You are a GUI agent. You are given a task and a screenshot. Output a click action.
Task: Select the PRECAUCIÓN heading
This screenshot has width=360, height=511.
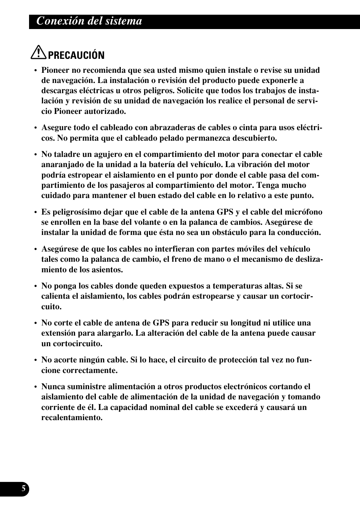tap(76, 55)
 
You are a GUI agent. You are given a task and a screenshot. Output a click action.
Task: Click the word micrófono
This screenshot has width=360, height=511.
tap(305, 212)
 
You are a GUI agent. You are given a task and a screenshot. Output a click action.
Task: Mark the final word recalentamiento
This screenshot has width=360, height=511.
tap(72, 418)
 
